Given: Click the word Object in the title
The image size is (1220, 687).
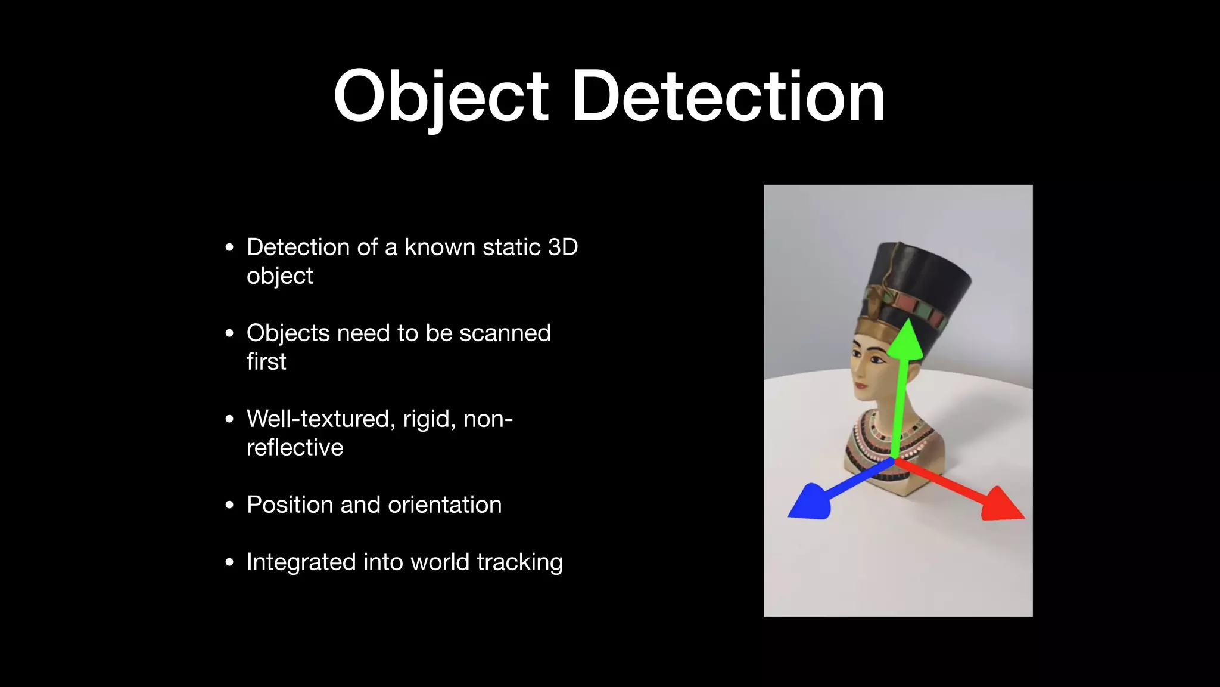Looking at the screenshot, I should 440,97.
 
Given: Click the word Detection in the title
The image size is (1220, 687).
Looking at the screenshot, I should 728,97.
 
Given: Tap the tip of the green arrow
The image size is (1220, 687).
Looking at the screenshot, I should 906,323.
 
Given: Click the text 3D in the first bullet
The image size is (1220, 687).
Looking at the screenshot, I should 562,247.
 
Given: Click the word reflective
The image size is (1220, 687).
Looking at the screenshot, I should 295,448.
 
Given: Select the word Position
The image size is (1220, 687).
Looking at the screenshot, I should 290,505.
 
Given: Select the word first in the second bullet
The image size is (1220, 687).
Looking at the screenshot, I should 266,362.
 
